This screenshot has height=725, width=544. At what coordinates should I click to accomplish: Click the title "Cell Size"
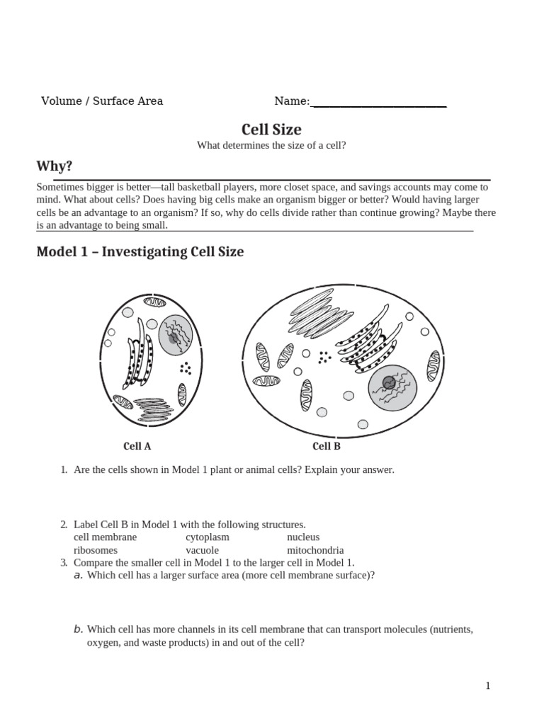[x=271, y=129]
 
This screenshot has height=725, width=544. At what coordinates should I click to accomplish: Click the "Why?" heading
[x=54, y=166]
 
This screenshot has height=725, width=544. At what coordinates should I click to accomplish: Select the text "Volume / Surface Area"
[x=102, y=101]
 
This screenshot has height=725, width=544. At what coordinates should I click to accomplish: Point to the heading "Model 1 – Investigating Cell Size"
[x=140, y=251]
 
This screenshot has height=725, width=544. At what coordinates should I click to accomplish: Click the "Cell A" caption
[x=137, y=446]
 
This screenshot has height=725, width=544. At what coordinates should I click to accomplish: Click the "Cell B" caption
[x=327, y=446]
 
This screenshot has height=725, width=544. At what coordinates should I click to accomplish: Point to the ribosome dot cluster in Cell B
[x=324, y=357]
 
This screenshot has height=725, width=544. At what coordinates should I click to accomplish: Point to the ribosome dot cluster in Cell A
[x=186, y=367]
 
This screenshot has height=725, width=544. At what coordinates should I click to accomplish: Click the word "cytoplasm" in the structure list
[x=208, y=537]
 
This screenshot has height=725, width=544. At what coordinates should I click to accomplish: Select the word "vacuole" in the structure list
[x=202, y=550]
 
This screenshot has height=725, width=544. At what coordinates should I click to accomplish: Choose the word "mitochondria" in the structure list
[x=315, y=550]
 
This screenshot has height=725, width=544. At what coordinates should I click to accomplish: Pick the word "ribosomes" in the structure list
[x=96, y=550]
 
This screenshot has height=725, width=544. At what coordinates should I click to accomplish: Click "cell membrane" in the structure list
[x=106, y=537]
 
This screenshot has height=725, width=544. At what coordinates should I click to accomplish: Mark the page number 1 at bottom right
[x=488, y=685]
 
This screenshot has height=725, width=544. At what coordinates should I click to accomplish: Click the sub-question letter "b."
[x=79, y=629]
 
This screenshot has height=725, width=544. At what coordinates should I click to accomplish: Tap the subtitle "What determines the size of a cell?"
[x=271, y=145]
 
